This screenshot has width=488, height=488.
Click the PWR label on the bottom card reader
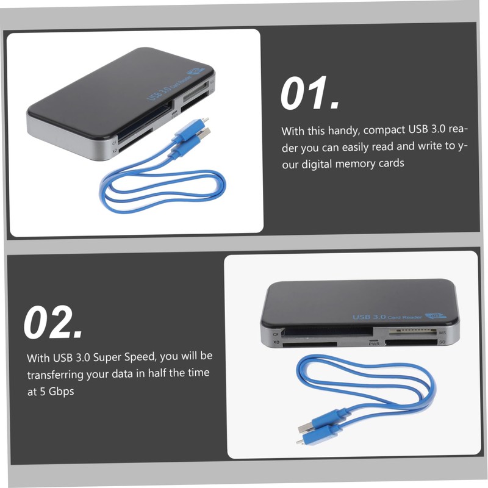[374, 344]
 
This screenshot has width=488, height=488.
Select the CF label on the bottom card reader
[276, 334]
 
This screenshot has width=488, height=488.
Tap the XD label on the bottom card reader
[276, 343]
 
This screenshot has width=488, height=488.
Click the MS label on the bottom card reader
[443, 333]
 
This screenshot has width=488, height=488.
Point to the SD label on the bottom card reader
[443, 342]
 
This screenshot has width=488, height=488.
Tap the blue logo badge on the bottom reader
[435, 316]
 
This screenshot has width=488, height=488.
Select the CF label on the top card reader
[114, 143]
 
